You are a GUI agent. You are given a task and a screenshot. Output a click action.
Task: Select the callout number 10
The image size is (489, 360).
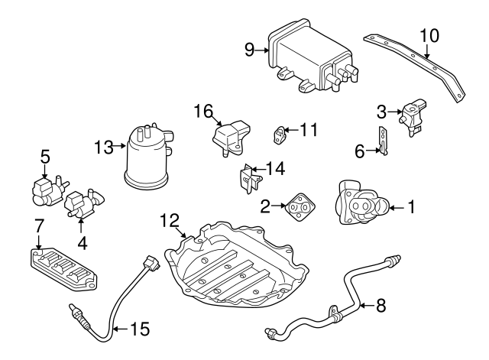429,34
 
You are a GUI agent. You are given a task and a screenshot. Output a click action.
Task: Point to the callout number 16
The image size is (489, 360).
202,112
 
